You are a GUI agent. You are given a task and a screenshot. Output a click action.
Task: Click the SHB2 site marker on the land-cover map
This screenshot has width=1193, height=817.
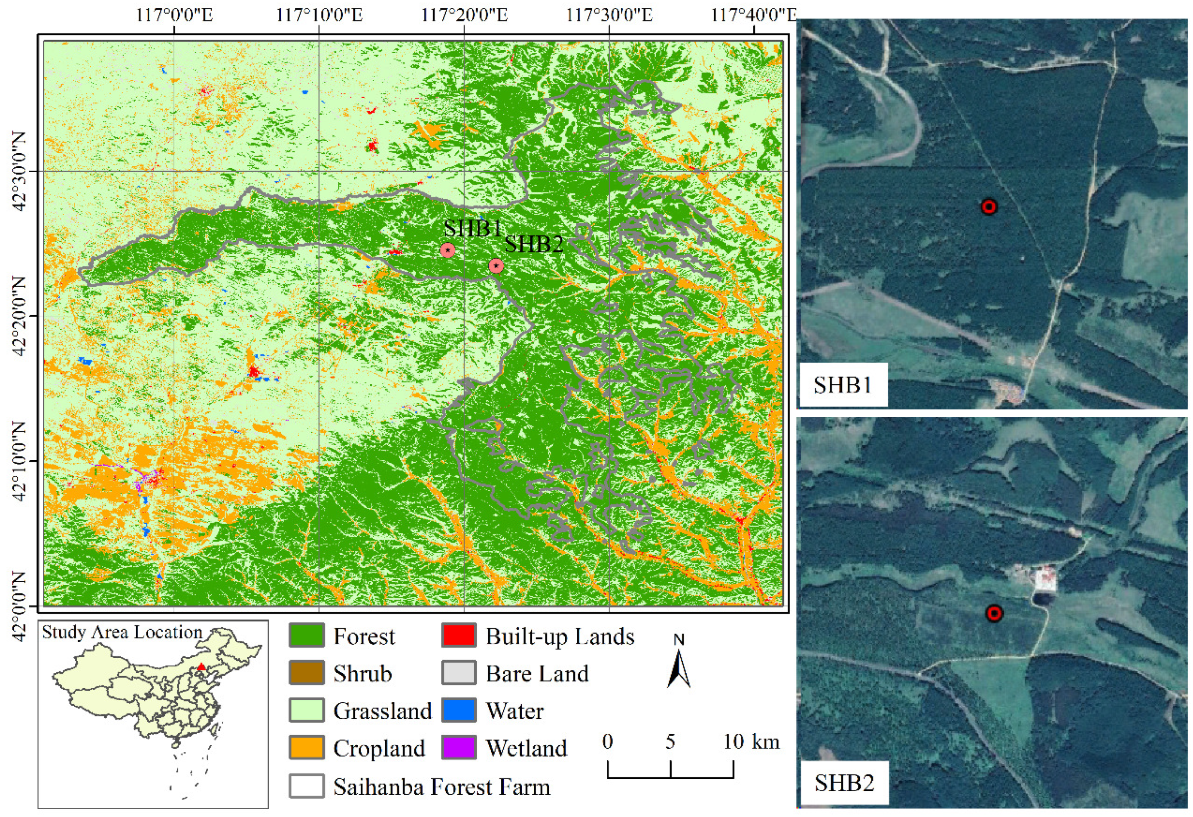(496, 266)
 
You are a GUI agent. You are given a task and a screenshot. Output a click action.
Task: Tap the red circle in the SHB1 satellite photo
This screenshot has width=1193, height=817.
(989, 207)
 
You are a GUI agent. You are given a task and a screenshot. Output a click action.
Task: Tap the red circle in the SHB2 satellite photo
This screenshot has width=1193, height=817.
(994, 613)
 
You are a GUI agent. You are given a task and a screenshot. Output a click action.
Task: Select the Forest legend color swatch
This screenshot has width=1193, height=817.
(307, 636)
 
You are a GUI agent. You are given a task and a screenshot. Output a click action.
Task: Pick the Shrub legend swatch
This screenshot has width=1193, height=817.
(307, 673)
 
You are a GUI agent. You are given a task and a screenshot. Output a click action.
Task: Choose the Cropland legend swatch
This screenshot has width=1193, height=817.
(307, 748)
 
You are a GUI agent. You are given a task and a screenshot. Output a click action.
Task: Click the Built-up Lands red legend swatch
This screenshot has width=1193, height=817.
(458, 636)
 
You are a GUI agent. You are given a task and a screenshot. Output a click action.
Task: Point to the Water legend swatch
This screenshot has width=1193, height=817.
(458, 711)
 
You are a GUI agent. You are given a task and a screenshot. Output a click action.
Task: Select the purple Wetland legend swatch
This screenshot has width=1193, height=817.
(458, 748)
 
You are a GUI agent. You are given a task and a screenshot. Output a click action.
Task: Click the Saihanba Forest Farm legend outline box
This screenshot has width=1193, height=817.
(307, 786)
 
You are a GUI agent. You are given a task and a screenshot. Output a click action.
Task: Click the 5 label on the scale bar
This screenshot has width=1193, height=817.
(670, 742)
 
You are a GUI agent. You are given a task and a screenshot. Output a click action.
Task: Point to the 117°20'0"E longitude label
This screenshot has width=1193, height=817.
(465, 14)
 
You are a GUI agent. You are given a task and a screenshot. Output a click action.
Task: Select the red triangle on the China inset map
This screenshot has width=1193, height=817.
(202, 667)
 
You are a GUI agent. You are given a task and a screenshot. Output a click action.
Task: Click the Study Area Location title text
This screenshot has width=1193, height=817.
(122, 632)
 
